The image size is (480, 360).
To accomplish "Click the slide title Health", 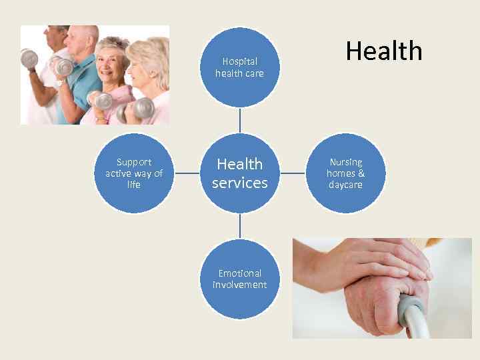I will tap(384, 51).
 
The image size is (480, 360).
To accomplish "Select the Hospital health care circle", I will tap(239, 67).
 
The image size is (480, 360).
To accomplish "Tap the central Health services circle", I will tap(239, 173).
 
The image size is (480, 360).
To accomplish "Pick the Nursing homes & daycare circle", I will tap(345, 173).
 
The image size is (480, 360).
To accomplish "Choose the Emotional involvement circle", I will tap(239, 279).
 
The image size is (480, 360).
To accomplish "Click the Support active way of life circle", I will tap(133, 173).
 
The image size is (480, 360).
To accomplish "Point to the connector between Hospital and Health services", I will tap(239, 120).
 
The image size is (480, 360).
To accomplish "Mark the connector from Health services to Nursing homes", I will tap(293, 173).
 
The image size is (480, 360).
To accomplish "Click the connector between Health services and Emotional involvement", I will tap(239, 226).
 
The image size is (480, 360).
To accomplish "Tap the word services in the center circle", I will tap(239, 183).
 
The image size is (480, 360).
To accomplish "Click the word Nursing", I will tap(345, 162).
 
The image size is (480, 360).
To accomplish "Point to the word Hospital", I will tap(239, 61).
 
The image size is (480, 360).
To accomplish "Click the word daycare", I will tap(345, 185).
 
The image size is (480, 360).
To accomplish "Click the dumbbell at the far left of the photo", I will tap(29, 60).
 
